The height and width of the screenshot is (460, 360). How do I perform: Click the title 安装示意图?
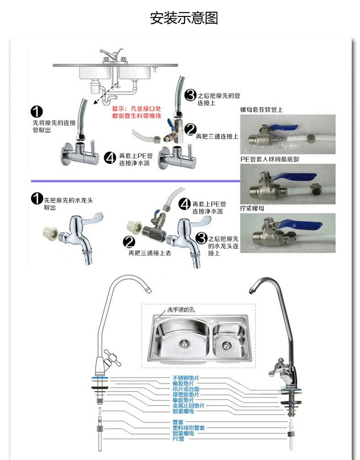(x=184, y=18)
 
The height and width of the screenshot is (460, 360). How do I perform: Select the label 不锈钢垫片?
(x=186, y=378)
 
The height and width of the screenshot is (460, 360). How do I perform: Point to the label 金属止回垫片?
(x=188, y=405)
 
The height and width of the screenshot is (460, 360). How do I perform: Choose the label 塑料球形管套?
(x=188, y=428)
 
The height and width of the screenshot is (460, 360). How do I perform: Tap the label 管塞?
(x=178, y=422)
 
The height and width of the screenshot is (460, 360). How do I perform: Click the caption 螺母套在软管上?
(x=261, y=110)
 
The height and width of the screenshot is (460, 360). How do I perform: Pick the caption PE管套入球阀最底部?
(x=269, y=159)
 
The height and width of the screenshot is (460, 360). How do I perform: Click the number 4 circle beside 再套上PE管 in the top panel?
(x=110, y=158)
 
